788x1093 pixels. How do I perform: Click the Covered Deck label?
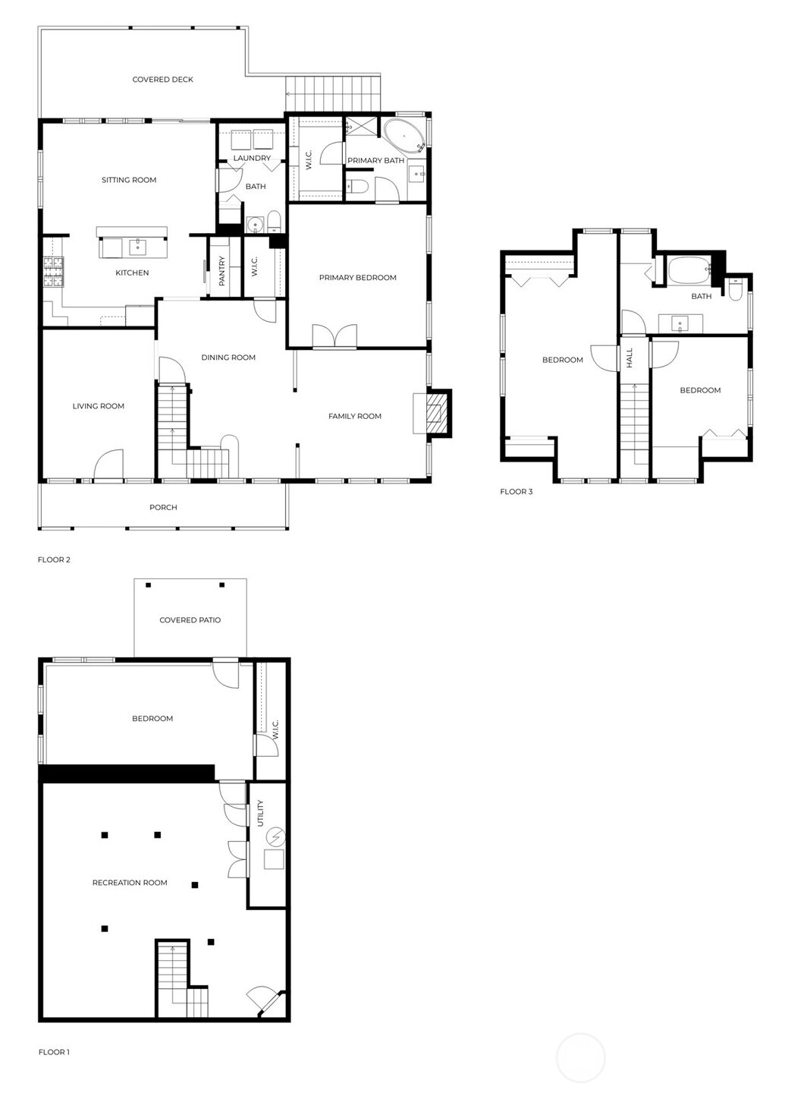pos(163,80)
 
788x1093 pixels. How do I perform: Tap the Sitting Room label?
pos(129,180)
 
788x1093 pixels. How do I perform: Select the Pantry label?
pos(222,271)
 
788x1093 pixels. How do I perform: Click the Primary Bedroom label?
pos(357,278)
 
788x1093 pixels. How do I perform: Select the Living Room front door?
pos(108,464)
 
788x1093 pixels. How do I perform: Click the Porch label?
pos(163,508)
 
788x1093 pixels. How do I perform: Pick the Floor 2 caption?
pos(54,559)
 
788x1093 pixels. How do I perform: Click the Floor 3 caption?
pos(516,491)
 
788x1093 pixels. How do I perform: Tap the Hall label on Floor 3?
pos(629,358)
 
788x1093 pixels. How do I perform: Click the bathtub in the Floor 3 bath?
pos(688,271)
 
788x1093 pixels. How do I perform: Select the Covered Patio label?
pos(190,620)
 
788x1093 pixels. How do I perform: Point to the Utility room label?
pos(260,814)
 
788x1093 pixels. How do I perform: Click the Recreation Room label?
pos(130,883)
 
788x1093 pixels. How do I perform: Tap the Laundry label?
pos(252,158)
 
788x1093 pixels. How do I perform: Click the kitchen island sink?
pos(138,247)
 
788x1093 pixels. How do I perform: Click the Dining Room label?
pos(228,358)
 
